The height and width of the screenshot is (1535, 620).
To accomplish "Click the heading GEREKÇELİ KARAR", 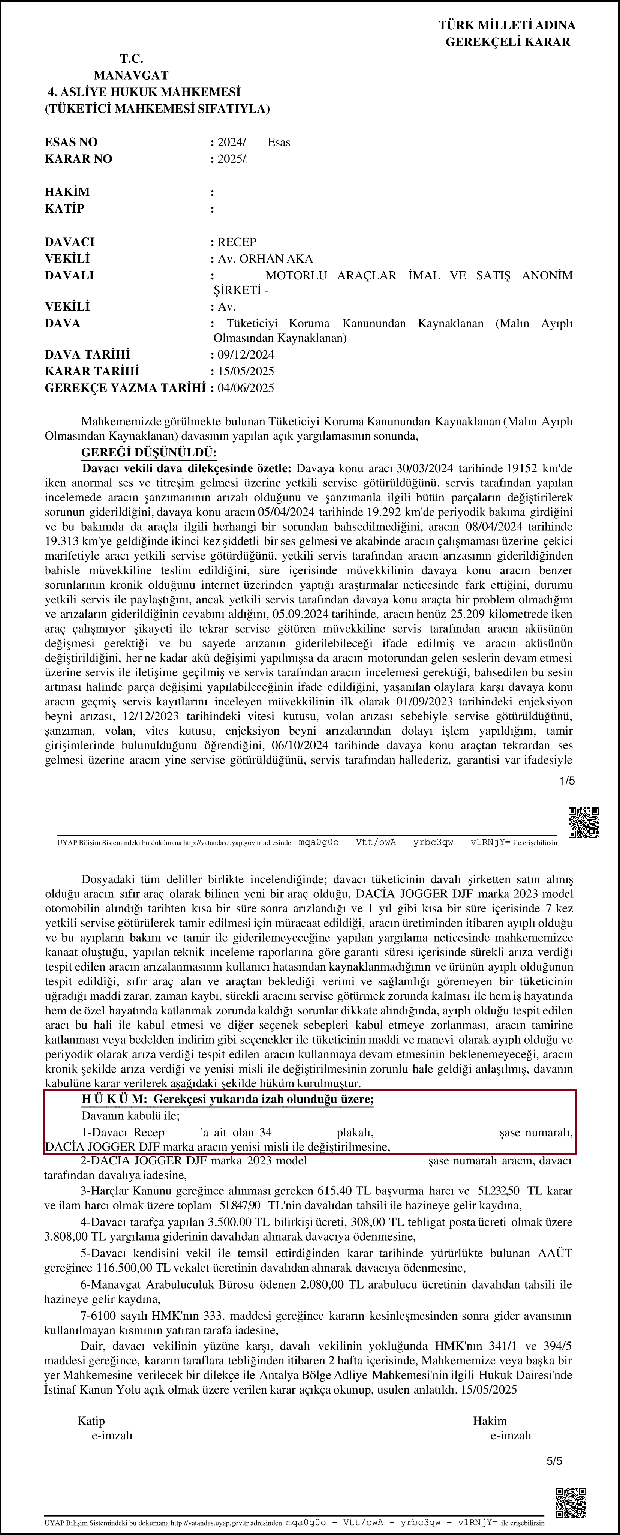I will (x=508, y=42).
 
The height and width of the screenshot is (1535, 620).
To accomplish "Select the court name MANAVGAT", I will (x=131, y=75).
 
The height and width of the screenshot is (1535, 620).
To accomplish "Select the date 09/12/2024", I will (x=246, y=354).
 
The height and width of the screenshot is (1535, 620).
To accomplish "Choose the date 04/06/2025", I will (x=246, y=387).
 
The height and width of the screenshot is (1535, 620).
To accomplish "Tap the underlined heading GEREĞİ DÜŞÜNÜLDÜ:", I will (x=149, y=452).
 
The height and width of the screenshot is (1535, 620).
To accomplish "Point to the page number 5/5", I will (x=554, y=1460).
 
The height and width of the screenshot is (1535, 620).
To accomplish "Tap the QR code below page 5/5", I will (x=571, y=1502).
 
